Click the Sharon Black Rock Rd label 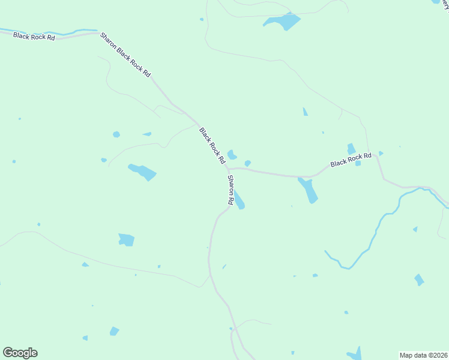[125, 55]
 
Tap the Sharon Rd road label [230, 190]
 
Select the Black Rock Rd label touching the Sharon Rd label [212, 146]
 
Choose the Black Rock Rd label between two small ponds [351, 160]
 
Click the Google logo [20, 353]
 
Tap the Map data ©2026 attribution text [423, 355]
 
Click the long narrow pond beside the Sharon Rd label [239, 200]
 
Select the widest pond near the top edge [283, 22]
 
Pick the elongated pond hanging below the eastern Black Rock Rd [309, 191]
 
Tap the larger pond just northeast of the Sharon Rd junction [231, 155]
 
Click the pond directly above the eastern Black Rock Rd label [351, 148]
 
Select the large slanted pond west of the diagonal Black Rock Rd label [142, 172]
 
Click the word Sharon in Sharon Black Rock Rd [108, 41]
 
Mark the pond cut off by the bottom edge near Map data [356, 354]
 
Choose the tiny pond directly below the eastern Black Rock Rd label [358, 163]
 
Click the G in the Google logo [8, 353]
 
